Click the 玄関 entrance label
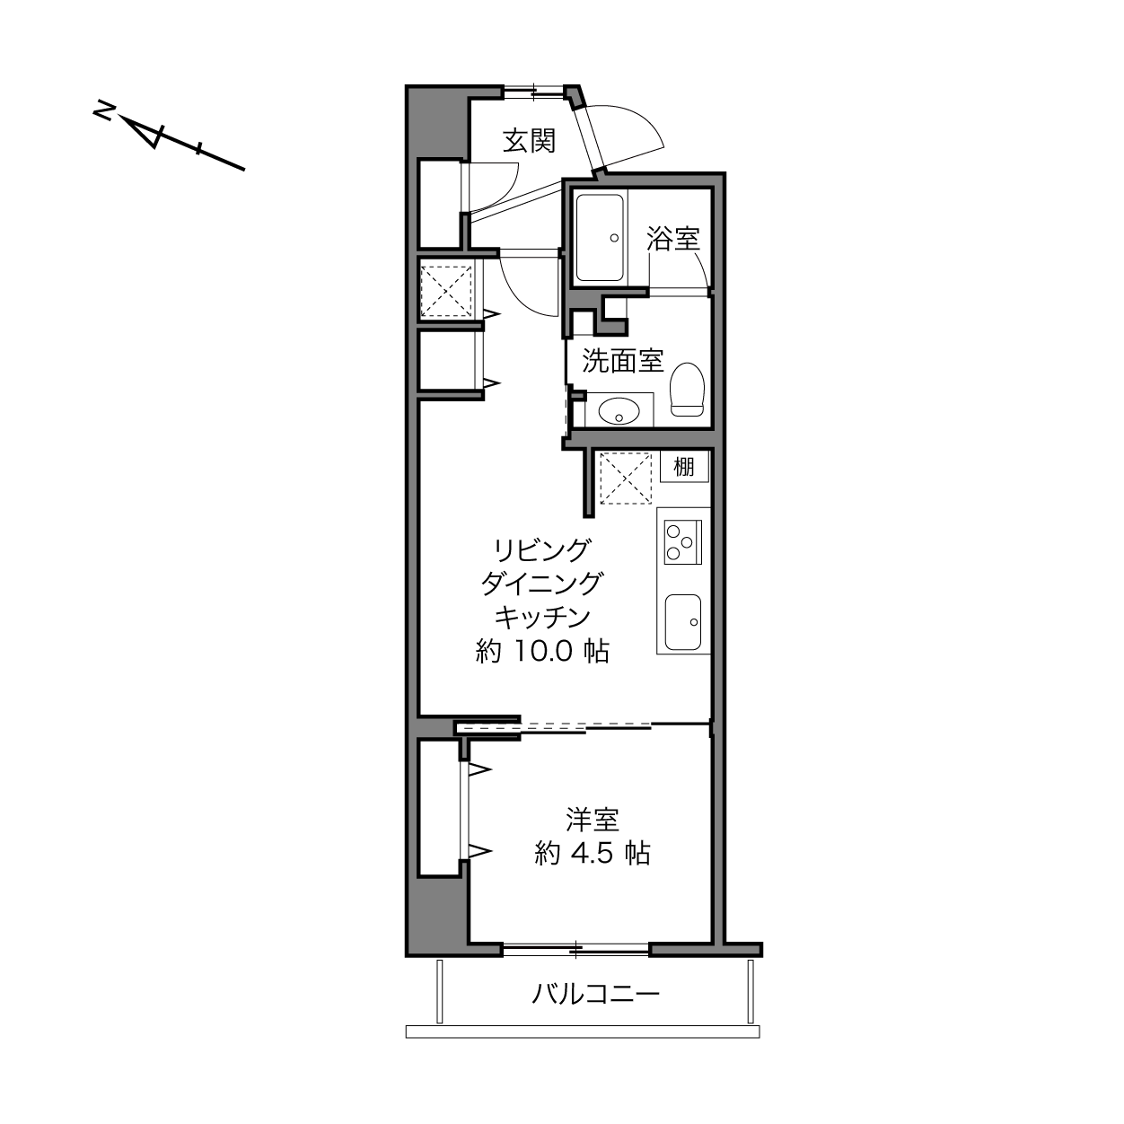[530, 141]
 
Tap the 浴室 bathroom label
[673, 239]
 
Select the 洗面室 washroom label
[623, 361]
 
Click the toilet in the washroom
[688, 390]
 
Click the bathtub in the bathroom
[600, 238]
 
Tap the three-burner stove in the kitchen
[683, 542]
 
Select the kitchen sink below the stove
[683, 622]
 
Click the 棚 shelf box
[684, 467]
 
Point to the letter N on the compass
[104, 110]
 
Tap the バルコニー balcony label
[595, 994]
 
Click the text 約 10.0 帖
[542, 652]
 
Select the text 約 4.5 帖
[592, 854]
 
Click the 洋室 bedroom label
[592, 820]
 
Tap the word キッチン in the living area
[542, 617]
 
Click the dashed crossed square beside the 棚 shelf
[626, 479]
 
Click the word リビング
[542, 549]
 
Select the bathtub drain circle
[614, 238]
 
